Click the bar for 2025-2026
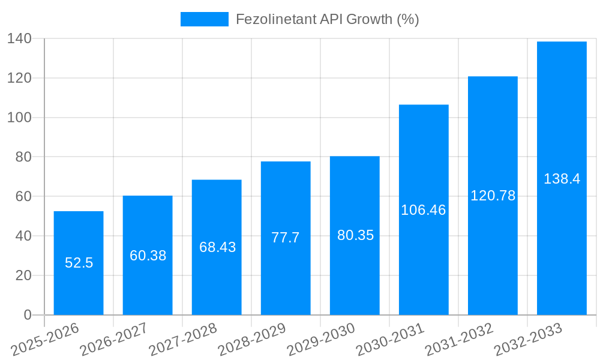pyautogui.click(x=79, y=288)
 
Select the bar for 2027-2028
pyautogui.click(x=217, y=276)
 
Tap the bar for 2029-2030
pyautogui.click(x=355, y=270)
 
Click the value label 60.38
pyautogui.click(x=148, y=256)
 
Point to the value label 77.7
pyautogui.click(x=286, y=238)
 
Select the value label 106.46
pyautogui.click(x=424, y=211)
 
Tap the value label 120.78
pyautogui.click(x=493, y=196)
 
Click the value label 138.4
pyautogui.click(x=562, y=179)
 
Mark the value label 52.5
pyautogui.click(x=79, y=263)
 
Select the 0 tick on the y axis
pyautogui.click(x=27, y=315)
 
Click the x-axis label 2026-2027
pyautogui.click(x=114, y=339)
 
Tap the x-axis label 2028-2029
pyautogui.click(x=252, y=339)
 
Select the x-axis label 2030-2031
pyautogui.click(x=390, y=339)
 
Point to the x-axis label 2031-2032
pyautogui.click(x=459, y=339)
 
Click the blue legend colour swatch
pyautogui.click(x=205, y=19)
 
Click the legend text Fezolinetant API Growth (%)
pyautogui.click(x=327, y=19)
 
